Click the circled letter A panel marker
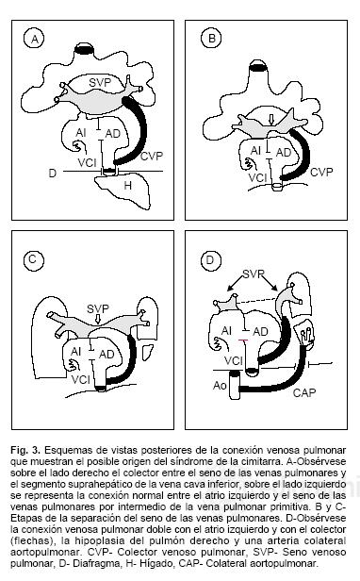pos(35,39)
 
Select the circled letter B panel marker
pos(211,39)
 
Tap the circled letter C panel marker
pos(33,259)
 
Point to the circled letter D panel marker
pos(210,260)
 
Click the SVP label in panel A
pos(100,82)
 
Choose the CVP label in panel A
pos(152,156)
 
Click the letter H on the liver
pos(127,185)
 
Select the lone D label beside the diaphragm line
pos(53,173)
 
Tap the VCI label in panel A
pos(87,162)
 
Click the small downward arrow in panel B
pos(271,120)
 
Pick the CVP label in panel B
pos(321,173)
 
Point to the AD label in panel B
pos(284,152)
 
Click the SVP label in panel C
pos(98,308)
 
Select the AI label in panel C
pos(75,351)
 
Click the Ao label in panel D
pos(220,386)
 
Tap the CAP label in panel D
pos(304,392)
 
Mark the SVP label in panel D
pos(254,274)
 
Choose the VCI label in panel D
pos(234,360)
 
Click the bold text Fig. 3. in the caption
pos(25,450)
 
